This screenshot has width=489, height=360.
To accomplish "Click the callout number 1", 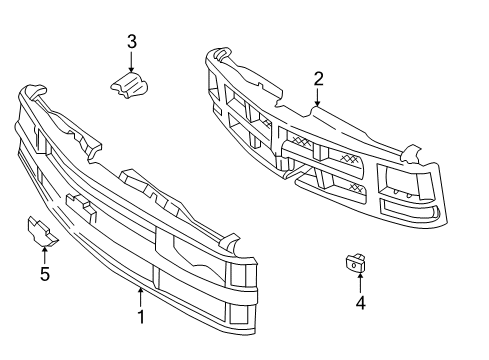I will click(141, 317).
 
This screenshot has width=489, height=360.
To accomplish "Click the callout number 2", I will click(318, 78).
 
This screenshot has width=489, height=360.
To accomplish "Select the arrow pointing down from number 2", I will click(318, 97).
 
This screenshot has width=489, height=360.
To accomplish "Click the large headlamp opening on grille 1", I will click(191, 250).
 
